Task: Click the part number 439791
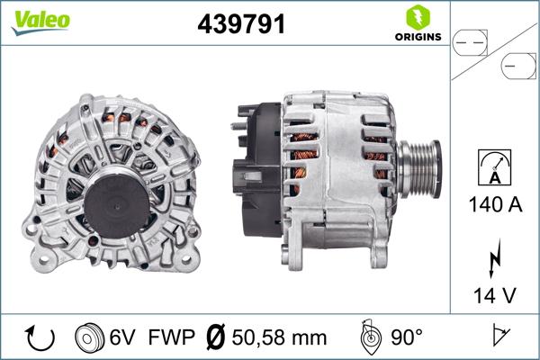(241, 24)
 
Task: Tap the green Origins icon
(417, 16)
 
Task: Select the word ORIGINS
(418, 37)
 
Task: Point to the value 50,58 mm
(278, 338)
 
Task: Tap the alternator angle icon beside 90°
(368, 337)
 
